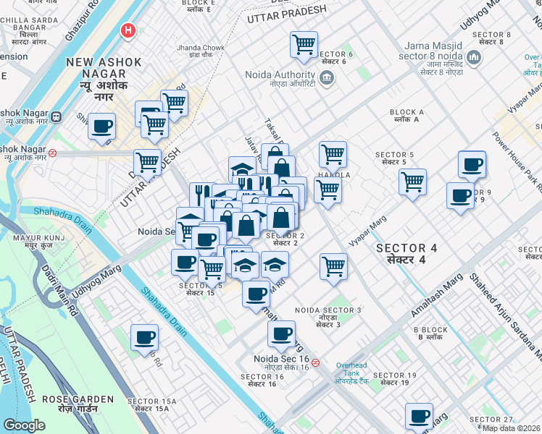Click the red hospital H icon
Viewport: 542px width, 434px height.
[128, 31]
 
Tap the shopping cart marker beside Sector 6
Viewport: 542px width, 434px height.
[304, 44]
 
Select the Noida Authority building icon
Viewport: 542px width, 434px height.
[326, 77]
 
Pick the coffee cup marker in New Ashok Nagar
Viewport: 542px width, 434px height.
[101, 126]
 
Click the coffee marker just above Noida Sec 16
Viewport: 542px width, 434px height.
[281, 334]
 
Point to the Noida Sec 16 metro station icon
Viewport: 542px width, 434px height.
[315, 363]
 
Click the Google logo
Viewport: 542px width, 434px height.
[24, 425]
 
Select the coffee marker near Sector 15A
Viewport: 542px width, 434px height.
[144, 337]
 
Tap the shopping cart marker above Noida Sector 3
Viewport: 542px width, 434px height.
[333, 265]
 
